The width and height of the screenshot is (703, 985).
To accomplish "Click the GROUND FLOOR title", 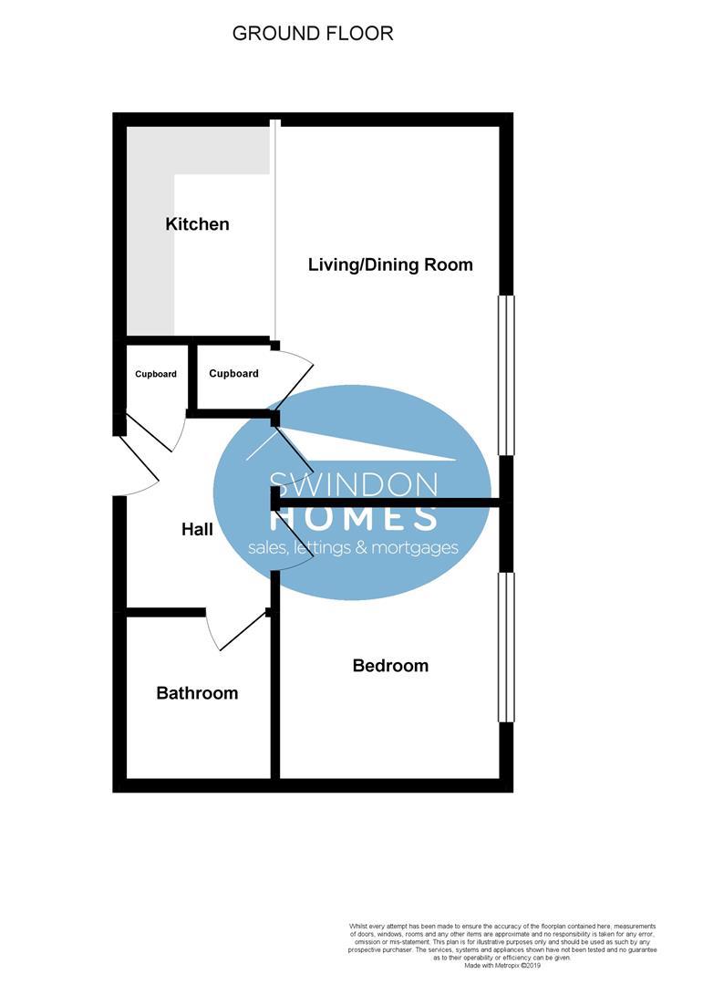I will coord(313,34).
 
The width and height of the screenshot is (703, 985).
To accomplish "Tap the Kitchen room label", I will coord(197,224).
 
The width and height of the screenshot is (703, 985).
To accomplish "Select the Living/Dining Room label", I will coord(390,265).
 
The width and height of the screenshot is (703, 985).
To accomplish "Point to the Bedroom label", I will coord(390,666).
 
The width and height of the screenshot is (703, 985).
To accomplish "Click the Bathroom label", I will coord(197,693).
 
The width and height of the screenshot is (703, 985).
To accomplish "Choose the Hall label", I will coord(197,529).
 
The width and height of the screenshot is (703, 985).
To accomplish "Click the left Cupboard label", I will coord(156,374).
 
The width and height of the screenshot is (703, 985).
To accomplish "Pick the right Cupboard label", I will coord(233,374).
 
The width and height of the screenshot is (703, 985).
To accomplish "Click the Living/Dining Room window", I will coord(506,374).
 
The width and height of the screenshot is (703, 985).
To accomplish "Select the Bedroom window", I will coord(506,648).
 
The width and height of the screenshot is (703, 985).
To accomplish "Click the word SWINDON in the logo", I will coord(354,484).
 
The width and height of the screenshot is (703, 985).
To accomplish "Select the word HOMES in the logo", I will coord(354,518).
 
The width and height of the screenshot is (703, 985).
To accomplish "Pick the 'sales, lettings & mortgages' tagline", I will coord(354,548).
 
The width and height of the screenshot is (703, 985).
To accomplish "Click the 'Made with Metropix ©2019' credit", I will coord(502,965).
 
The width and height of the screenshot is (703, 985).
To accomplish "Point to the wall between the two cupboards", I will coord(191,376).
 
